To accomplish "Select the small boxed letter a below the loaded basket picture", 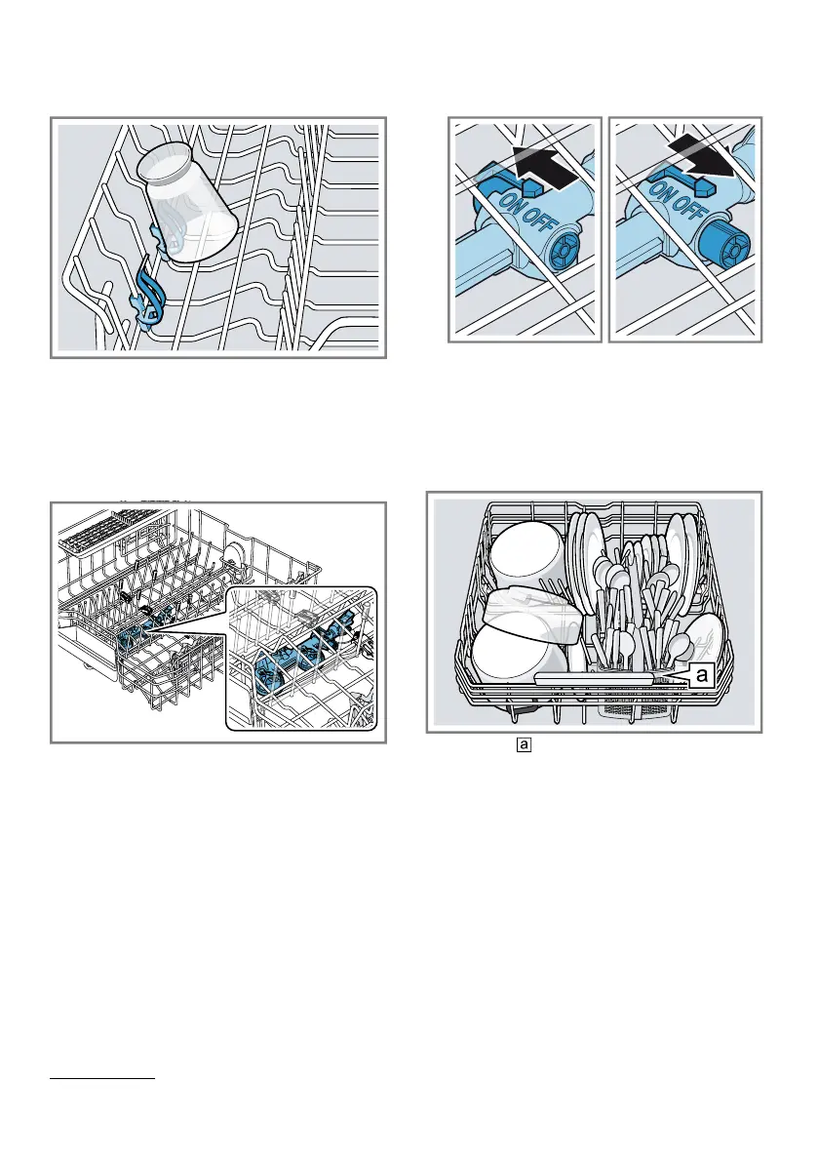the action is coord(525,744).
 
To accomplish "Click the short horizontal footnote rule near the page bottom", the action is coord(102,1079).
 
